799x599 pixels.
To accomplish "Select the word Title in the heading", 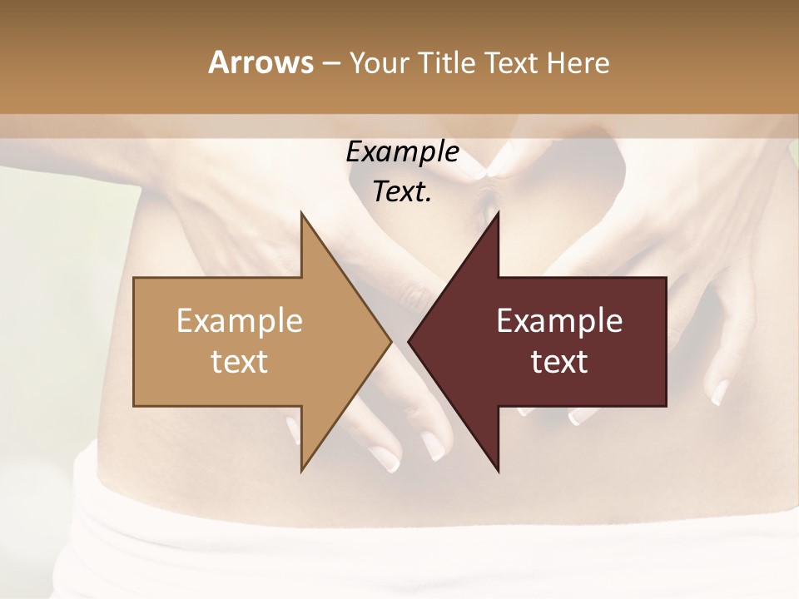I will pos(448,63).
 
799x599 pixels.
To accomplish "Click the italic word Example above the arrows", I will pos(402,152).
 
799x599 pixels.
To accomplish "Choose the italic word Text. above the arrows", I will pos(402,192).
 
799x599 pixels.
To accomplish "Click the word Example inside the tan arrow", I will pos(240,320).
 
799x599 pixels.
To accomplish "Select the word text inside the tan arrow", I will pos(240,361).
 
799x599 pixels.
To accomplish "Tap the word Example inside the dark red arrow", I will pos(559,320).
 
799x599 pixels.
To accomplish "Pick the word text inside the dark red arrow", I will pos(559,361).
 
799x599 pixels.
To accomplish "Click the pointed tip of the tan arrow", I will pos(391,341).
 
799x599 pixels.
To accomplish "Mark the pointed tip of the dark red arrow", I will pos(409,341).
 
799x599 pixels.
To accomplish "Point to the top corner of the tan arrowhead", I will pos(301,213).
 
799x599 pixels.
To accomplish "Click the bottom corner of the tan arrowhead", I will pos(301,471).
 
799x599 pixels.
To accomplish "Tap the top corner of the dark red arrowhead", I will pos(498,213).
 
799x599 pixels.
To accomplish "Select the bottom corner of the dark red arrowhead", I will pos(498,471).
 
